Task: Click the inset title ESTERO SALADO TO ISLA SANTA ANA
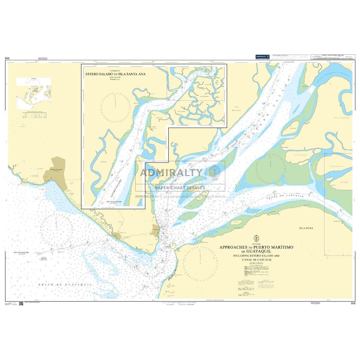click(115, 74)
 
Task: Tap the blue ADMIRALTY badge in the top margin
click(262, 56)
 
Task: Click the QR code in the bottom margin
click(21, 303)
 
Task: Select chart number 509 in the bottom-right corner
click(353, 303)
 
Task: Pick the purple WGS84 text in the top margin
click(43, 59)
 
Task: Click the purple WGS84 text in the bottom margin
click(315, 303)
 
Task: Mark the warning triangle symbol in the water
click(163, 261)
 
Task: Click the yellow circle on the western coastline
click(24, 182)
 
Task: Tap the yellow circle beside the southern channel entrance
click(173, 246)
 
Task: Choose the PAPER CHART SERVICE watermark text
click(180, 188)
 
